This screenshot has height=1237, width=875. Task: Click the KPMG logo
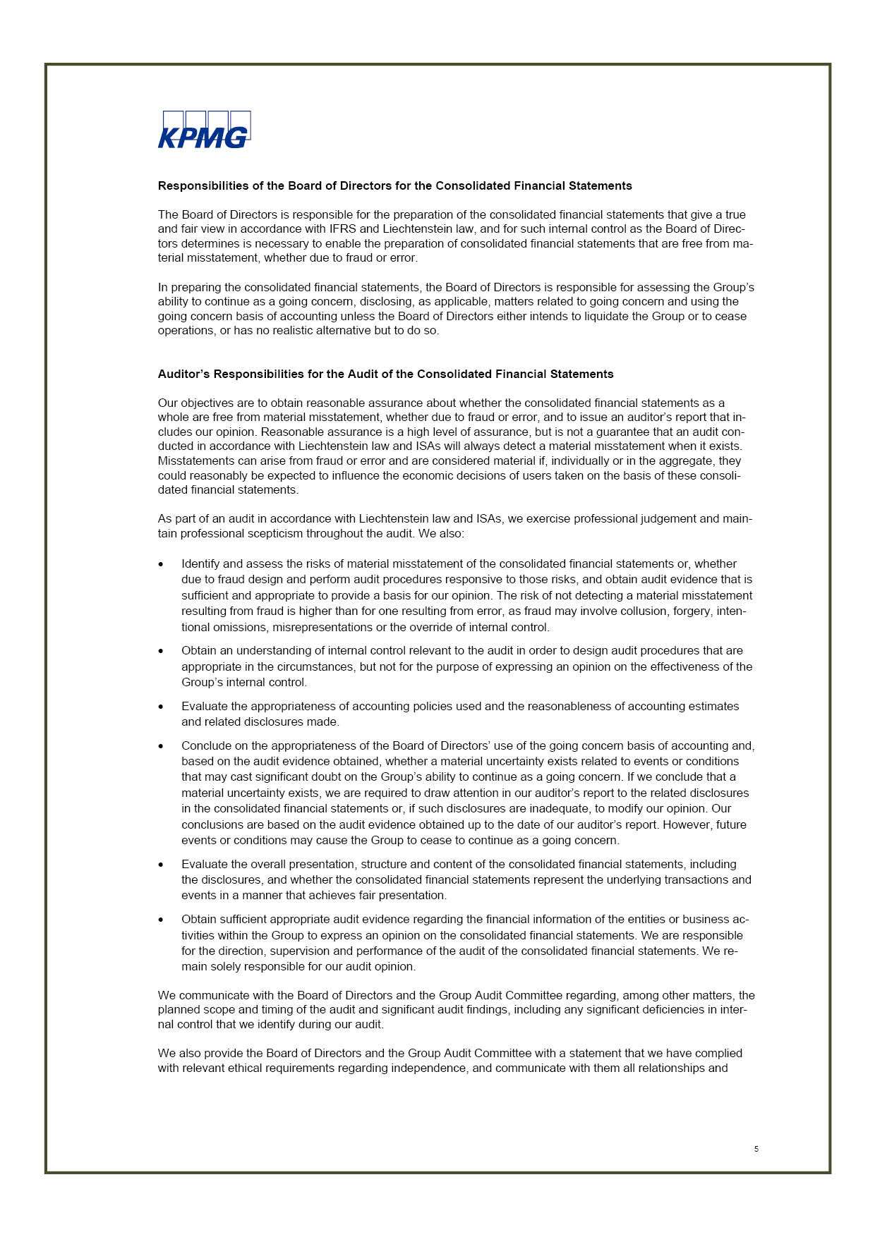tap(204, 130)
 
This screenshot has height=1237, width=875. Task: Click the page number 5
tap(756, 1149)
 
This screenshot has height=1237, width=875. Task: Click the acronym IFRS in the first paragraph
tap(343, 228)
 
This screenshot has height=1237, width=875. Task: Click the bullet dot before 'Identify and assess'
tap(162, 565)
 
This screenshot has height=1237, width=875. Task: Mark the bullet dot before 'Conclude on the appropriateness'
tap(162, 746)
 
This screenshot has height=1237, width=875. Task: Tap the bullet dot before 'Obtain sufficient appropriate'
tap(162, 920)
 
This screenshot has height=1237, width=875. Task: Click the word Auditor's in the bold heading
tap(183, 374)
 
